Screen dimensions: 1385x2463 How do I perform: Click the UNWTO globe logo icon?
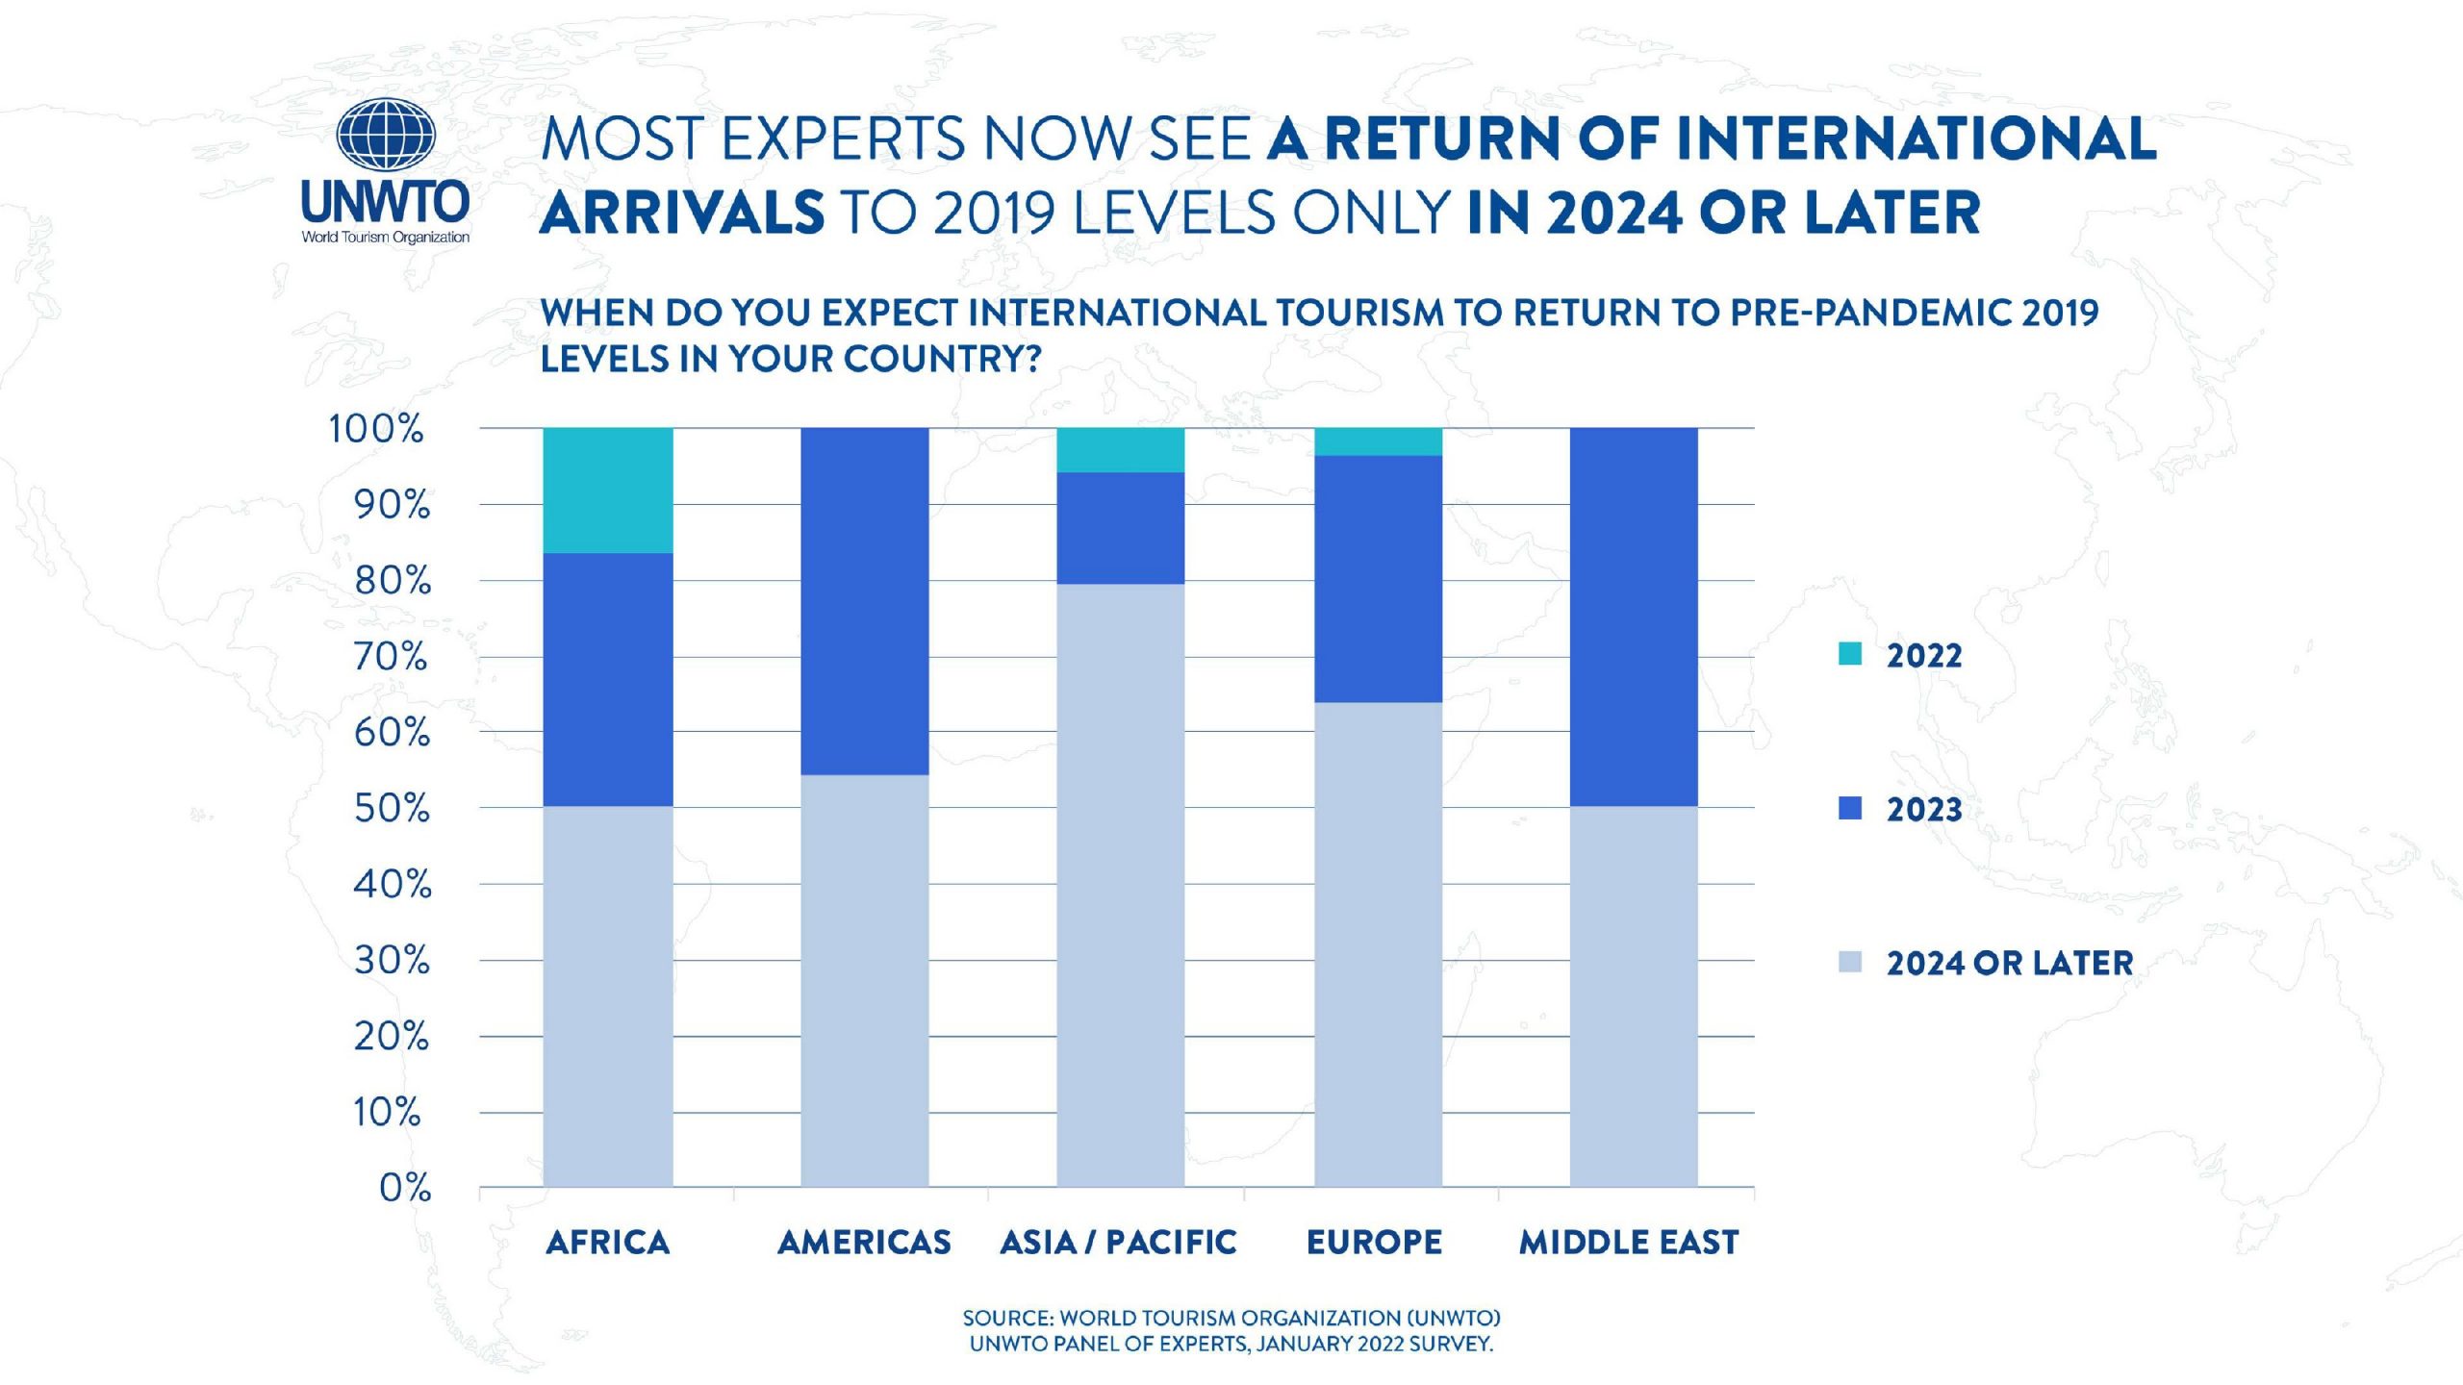(386, 136)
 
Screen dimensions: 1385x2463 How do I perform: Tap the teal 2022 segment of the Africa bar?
(608, 491)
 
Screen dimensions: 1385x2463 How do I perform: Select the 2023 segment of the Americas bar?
(865, 601)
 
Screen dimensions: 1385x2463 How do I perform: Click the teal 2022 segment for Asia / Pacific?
(1121, 450)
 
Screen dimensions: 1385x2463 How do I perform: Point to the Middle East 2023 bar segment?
(1634, 617)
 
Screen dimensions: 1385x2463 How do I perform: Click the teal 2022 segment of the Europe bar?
(1378, 441)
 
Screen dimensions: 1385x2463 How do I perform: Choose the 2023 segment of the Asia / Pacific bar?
(1121, 528)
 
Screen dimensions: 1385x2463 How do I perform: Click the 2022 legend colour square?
(1849, 655)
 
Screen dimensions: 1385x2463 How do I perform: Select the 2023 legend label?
(1923, 810)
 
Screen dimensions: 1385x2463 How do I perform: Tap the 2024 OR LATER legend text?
(2009, 963)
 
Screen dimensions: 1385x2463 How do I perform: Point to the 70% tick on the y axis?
(391, 657)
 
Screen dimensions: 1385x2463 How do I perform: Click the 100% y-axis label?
(376, 429)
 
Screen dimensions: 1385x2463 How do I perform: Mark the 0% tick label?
(405, 1189)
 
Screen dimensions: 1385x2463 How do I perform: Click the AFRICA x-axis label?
(607, 1243)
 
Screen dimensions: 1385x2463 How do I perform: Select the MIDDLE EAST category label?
(1629, 1243)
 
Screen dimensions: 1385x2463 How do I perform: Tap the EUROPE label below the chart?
(1374, 1243)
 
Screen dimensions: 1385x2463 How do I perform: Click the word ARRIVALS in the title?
(682, 213)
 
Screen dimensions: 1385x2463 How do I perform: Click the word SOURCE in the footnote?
(1006, 1318)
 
